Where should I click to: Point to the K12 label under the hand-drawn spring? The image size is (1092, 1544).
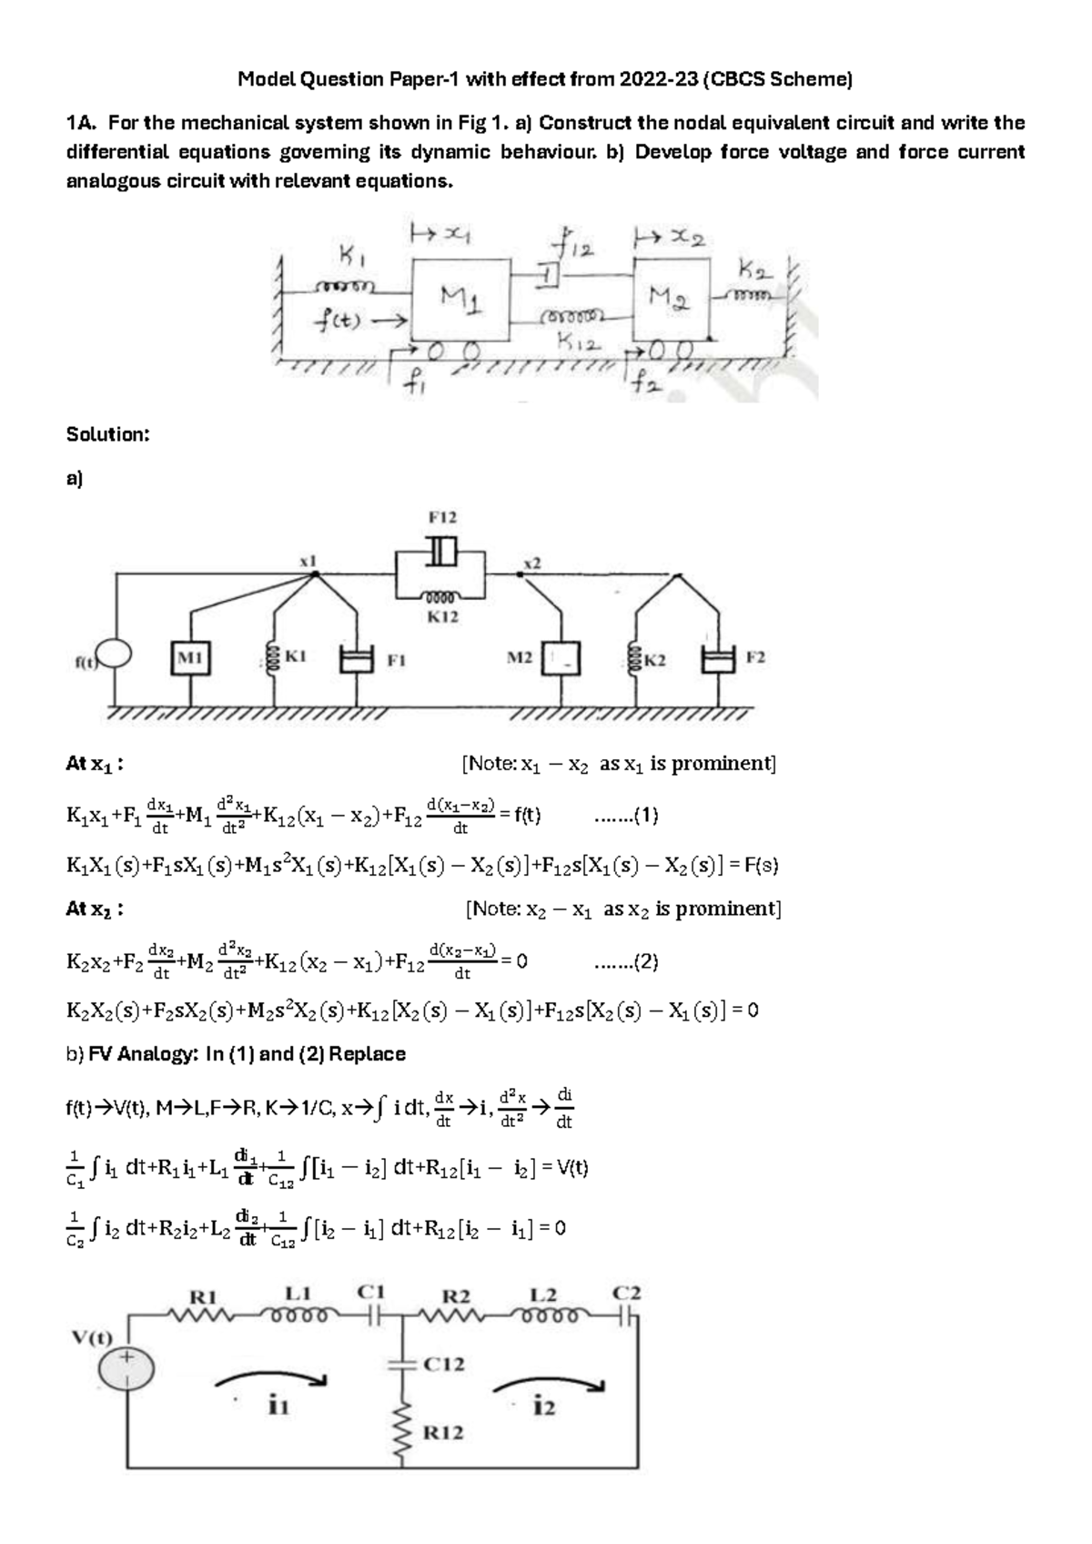click(x=577, y=344)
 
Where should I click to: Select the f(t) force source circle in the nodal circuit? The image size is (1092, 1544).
click(x=115, y=655)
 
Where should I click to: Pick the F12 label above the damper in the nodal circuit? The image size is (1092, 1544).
click(x=442, y=517)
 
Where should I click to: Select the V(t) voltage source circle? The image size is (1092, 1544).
click(x=126, y=1369)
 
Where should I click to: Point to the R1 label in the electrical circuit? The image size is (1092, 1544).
click(x=202, y=1295)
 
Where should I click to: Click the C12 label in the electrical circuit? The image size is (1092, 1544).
click(x=444, y=1364)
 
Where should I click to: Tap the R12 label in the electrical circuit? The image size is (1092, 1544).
click(x=443, y=1433)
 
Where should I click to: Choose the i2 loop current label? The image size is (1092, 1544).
click(x=544, y=1407)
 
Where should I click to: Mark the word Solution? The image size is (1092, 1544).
click(x=107, y=434)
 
